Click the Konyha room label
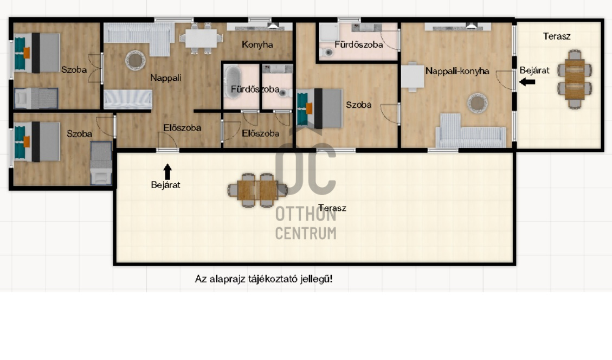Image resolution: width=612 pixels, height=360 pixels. [x=257, y=44]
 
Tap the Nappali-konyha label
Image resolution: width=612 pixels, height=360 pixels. [x=457, y=71]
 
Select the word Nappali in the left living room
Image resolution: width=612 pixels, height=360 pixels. [x=166, y=78]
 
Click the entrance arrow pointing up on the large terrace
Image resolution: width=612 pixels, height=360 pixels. [x=168, y=172]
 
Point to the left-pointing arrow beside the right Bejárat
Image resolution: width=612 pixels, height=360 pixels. [x=527, y=82]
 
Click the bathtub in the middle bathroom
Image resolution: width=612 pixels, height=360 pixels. [x=233, y=82]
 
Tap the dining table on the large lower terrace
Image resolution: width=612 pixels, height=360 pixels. [x=257, y=190]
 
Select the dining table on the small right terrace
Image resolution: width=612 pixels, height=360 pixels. [x=575, y=79]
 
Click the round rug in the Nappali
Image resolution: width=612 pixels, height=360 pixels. [x=136, y=61]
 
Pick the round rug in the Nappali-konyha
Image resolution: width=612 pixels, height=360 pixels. [x=478, y=103]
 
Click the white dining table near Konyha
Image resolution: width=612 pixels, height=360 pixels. [x=201, y=38]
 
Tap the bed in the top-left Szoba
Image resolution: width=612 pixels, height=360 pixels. [x=37, y=53]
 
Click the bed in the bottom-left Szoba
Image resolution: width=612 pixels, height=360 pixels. [x=37, y=142]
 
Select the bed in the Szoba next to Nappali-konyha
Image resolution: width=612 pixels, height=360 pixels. [x=319, y=108]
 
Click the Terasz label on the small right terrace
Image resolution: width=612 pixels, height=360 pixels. [x=557, y=36]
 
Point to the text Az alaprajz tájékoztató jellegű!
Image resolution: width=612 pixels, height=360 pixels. [x=264, y=279]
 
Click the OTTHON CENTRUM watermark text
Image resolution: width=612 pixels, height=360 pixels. [x=306, y=223]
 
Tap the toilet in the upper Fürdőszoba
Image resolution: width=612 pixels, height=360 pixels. [x=327, y=52]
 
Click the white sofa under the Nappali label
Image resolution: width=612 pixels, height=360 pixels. [x=127, y=99]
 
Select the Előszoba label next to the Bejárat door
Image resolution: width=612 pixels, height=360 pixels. [x=182, y=127]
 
